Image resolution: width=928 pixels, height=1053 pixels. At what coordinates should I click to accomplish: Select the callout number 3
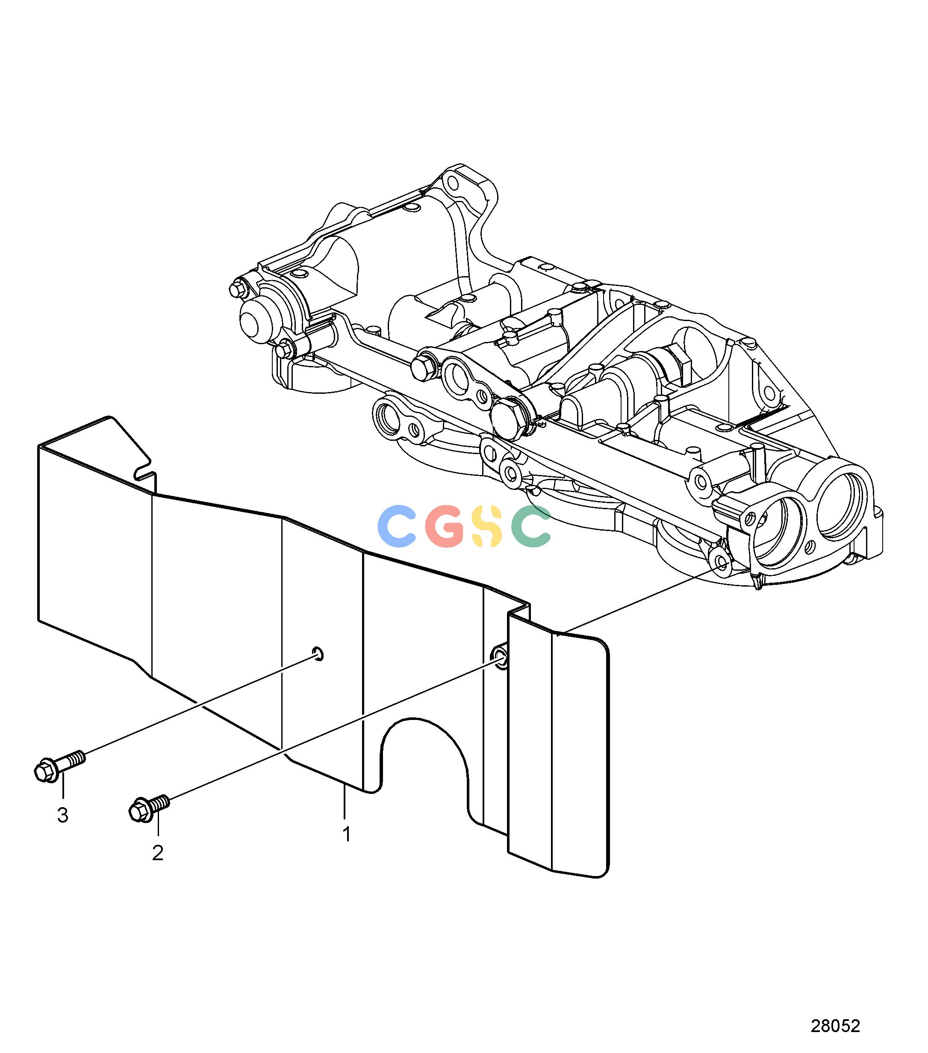pyautogui.click(x=62, y=815)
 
